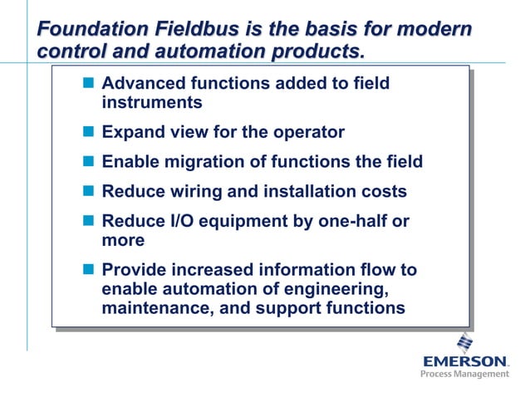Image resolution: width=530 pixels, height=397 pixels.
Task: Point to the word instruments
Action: coord(151,103)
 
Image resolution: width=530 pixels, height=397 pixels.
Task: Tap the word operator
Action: coord(307,132)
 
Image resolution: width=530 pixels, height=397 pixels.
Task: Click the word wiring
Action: coord(194,192)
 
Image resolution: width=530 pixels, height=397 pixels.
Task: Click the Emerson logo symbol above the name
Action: coord(464,342)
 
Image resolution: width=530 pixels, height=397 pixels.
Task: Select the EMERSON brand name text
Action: coord(464,361)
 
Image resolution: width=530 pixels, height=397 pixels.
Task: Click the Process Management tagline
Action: coord(464,375)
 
